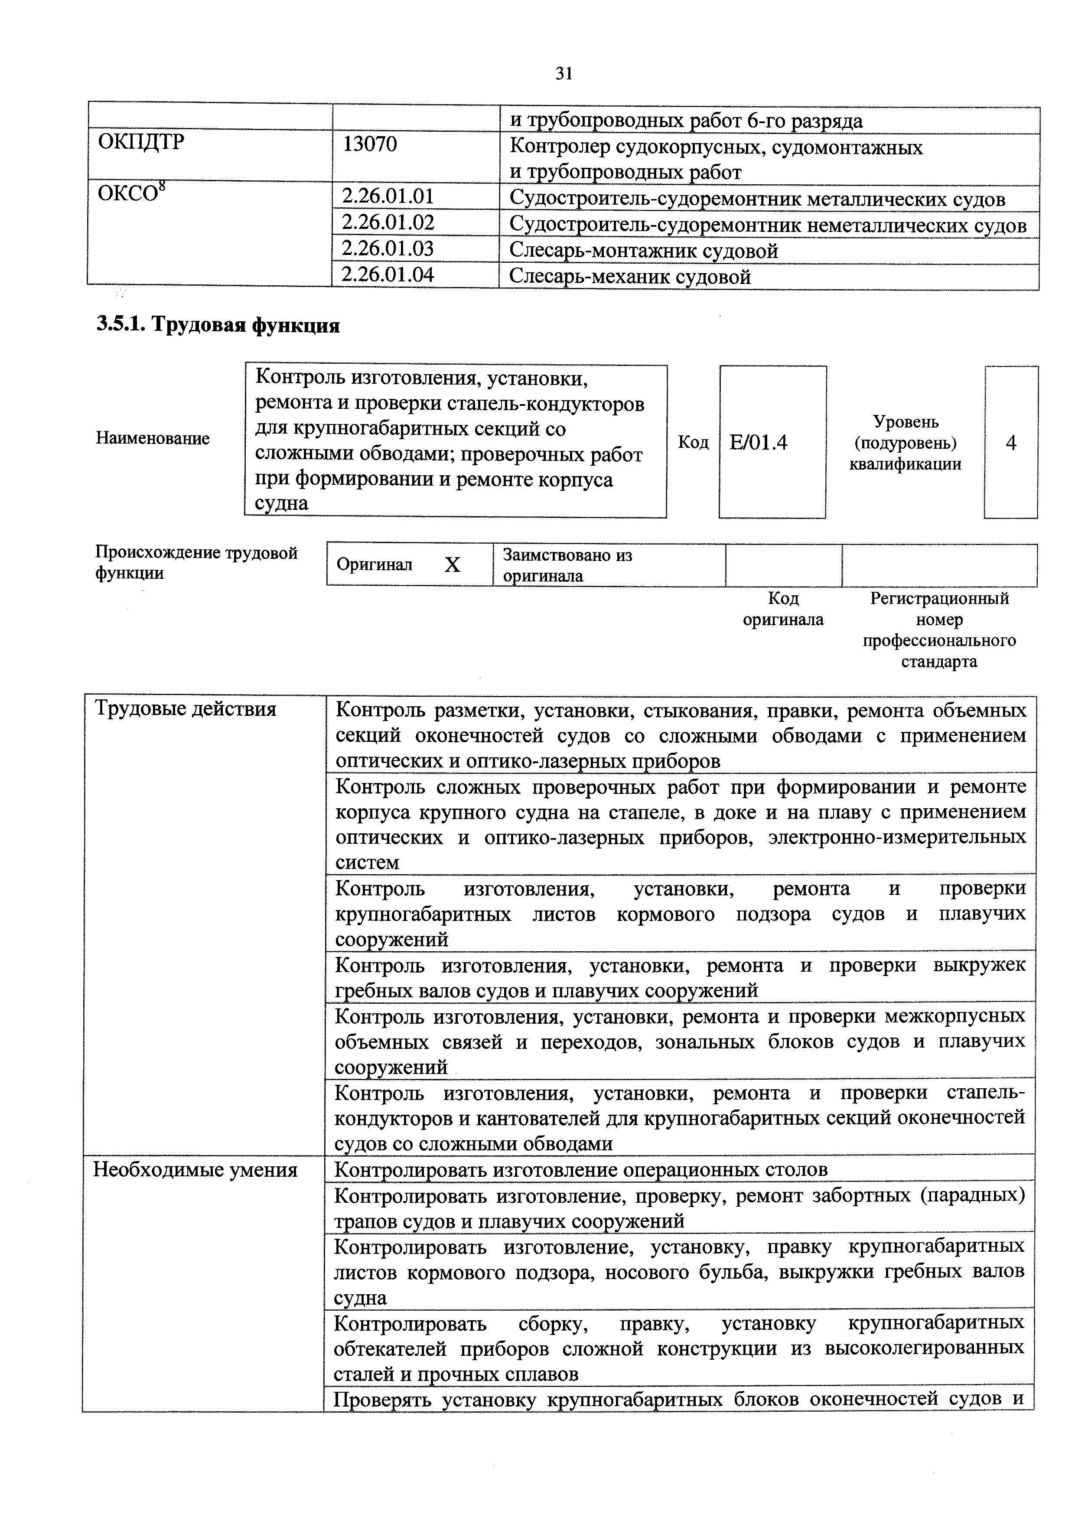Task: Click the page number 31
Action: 563,74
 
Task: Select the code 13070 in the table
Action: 370,144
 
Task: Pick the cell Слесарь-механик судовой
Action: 630,276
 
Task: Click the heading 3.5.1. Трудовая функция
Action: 218,325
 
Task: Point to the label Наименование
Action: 153,438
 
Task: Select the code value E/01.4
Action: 759,443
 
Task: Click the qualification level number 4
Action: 1011,443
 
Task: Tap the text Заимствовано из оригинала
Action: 567,565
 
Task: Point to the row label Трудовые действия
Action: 186,709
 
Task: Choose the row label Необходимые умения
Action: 195,1170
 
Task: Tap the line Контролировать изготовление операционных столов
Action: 581,1170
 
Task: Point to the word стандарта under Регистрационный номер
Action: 939,661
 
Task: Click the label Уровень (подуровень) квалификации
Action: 906,443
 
